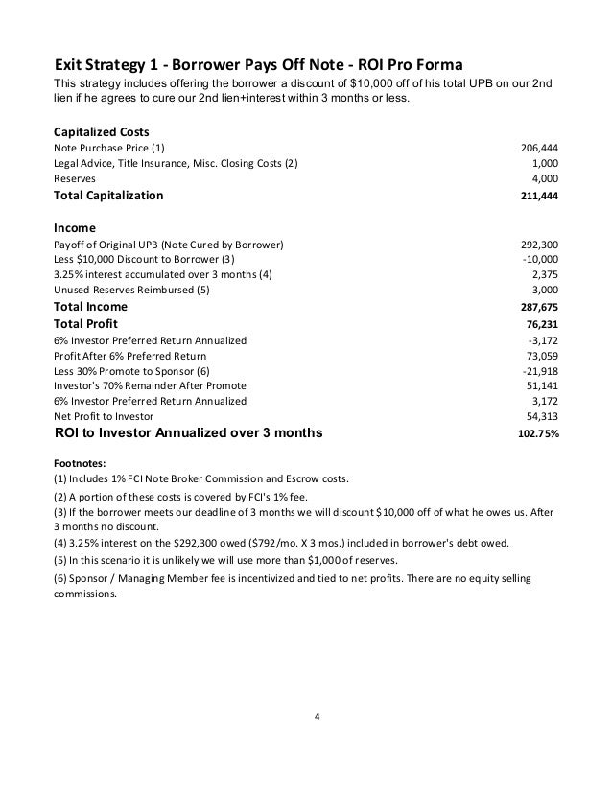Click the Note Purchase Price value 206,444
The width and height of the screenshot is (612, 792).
pyautogui.click(x=539, y=149)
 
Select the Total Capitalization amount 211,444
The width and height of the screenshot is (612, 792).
pyautogui.click(x=539, y=196)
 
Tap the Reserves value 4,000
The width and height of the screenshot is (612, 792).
pyautogui.click(x=545, y=178)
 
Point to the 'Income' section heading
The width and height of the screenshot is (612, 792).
pyautogui.click(x=74, y=228)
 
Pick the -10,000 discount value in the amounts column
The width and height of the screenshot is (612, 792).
pyautogui.click(x=540, y=260)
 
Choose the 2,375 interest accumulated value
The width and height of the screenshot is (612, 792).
pyautogui.click(x=545, y=275)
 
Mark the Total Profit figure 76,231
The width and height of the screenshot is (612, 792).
pyautogui.click(x=542, y=324)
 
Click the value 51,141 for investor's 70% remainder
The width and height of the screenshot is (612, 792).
pyautogui.click(x=542, y=386)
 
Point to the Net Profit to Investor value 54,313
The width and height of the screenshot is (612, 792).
pyautogui.click(x=542, y=417)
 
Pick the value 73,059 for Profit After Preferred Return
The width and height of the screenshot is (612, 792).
pyautogui.click(x=542, y=356)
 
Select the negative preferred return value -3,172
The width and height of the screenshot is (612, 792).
pyautogui.click(x=544, y=340)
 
